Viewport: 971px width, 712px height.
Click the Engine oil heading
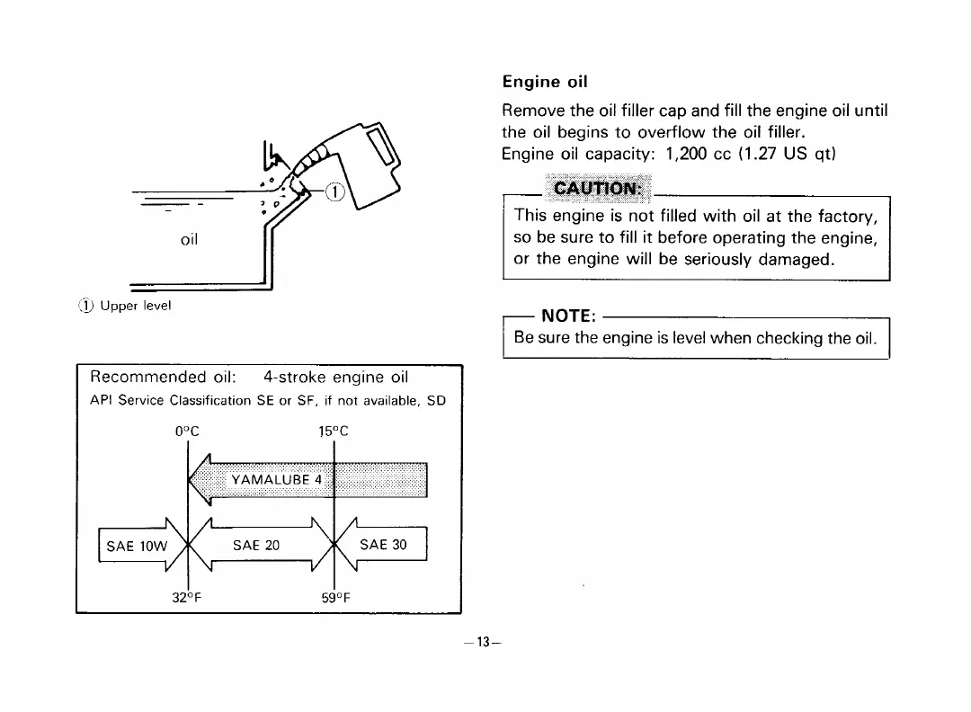[x=544, y=83]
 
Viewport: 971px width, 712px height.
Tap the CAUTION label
[x=597, y=189]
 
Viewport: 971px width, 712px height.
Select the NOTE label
[x=566, y=316]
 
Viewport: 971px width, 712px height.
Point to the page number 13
[x=485, y=642]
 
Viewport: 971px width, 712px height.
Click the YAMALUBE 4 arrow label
[x=276, y=479]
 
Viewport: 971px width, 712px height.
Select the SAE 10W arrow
[x=133, y=545]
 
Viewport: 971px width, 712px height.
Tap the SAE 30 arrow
[x=383, y=545]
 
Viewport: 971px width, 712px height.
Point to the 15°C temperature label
[x=333, y=430]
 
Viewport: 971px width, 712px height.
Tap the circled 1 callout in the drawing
[x=333, y=192]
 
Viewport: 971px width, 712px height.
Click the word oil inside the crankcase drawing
[x=189, y=240]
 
